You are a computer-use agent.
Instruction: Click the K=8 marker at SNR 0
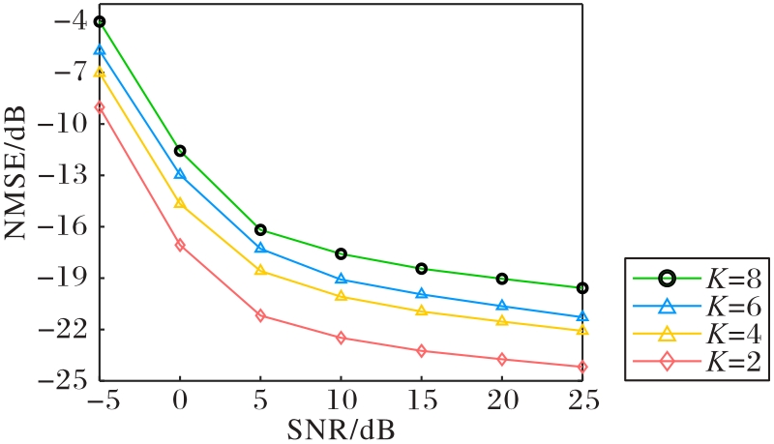point(180,151)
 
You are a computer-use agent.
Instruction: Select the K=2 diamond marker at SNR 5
point(260,315)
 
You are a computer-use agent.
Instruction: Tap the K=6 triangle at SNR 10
point(341,279)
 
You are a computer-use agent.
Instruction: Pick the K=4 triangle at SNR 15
point(421,311)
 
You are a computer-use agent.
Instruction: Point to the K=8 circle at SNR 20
point(502,279)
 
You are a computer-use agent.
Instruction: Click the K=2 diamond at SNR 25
point(582,367)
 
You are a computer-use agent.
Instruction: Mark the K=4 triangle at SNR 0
point(180,203)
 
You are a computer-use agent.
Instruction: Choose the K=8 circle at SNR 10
point(341,254)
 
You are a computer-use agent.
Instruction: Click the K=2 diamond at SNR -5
point(100,107)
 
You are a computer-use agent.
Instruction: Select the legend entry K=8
point(697,280)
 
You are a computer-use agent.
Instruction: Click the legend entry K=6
point(697,307)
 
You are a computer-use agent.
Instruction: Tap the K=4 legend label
point(733,335)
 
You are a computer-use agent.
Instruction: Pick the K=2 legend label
point(733,362)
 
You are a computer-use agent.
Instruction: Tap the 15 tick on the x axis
point(423,400)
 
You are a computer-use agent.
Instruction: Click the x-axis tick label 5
point(260,400)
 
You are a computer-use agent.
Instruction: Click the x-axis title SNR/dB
point(342,429)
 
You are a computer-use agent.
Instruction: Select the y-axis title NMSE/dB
point(15,171)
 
